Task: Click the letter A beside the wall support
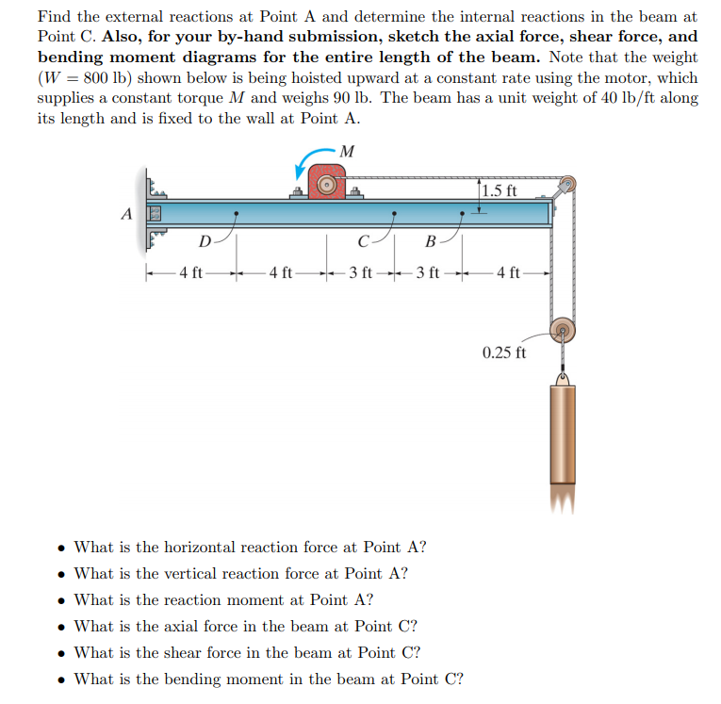point(125,213)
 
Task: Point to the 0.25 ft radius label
point(504,353)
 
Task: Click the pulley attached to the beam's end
point(566,185)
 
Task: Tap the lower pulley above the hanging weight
point(563,332)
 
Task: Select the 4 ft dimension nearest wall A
point(191,274)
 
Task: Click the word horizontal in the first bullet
point(200,547)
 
